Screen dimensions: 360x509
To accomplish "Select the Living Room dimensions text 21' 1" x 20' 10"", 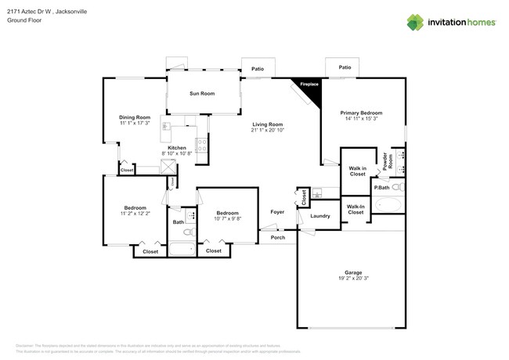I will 267,130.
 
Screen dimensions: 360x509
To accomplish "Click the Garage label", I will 352,272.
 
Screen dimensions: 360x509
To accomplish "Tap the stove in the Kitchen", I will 201,144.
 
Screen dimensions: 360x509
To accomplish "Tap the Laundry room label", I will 319,215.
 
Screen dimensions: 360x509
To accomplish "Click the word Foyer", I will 277,212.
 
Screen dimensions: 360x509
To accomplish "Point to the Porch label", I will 277,237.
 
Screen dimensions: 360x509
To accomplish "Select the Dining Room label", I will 134,117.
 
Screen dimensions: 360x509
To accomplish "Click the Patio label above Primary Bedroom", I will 345,67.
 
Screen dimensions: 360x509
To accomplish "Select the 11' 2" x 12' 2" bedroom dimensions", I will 135,214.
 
